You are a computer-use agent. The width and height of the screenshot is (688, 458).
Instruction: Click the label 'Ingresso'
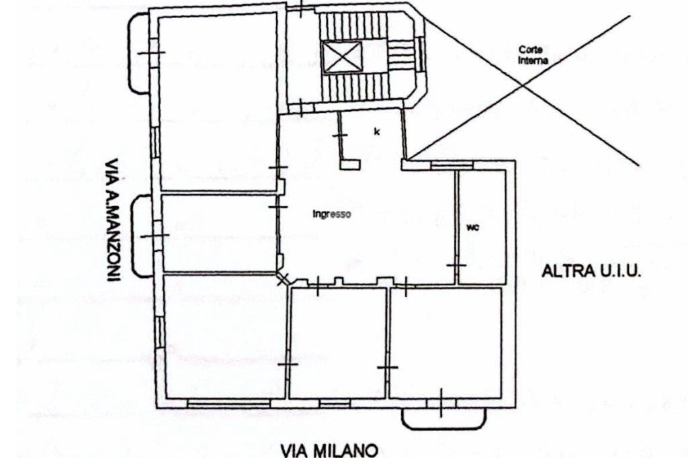(x=331, y=215)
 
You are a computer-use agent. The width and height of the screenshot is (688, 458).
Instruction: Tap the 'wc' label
(x=472, y=228)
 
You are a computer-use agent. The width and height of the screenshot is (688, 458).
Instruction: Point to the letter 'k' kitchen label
(x=376, y=132)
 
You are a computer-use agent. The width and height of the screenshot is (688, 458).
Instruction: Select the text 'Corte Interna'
(x=533, y=54)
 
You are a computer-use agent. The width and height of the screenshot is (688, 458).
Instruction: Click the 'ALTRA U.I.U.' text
(x=592, y=272)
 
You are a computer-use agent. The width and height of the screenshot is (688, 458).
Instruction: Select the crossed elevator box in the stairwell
(x=341, y=57)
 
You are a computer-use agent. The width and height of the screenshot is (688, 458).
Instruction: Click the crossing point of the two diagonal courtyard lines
(x=523, y=85)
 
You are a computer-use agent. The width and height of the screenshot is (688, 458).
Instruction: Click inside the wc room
(x=482, y=248)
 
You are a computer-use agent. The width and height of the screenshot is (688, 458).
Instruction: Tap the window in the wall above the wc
(x=451, y=164)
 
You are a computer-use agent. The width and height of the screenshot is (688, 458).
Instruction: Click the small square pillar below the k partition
(x=350, y=164)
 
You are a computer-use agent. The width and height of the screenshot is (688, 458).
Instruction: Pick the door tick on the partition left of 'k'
(x=341, y=135)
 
